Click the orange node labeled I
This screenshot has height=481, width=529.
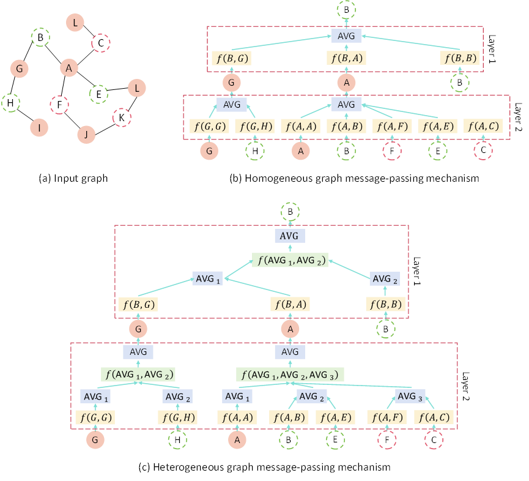coord(39,127)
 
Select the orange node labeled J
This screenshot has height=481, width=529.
coord(86,135)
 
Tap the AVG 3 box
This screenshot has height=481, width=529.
coord(410,397)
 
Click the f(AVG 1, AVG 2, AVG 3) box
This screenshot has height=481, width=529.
coord(290,375)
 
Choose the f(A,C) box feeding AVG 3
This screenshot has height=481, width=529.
coord(434,418)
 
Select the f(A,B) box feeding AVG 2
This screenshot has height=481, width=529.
coord(289,418)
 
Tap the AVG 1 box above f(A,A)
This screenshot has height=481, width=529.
coord(237,397)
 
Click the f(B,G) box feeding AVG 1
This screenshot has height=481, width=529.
coord(138,304)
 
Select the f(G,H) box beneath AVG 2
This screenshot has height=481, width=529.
coord(178,418)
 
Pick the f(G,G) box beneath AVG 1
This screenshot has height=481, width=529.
coord(95,418)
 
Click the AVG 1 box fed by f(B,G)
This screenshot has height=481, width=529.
coord(207,279)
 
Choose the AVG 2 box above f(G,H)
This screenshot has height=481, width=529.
coord(178,397)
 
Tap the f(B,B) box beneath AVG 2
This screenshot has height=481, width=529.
coord(386,304)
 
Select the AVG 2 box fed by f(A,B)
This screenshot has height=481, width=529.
coord(312,397)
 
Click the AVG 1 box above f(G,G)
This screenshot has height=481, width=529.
coord(95,397)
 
